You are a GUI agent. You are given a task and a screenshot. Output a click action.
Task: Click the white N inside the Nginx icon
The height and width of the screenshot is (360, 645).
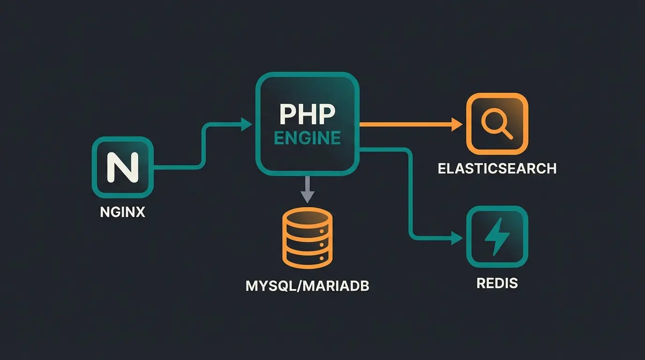click(122, 167)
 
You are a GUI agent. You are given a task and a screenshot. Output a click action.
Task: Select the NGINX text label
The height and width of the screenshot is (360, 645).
click(123, 212)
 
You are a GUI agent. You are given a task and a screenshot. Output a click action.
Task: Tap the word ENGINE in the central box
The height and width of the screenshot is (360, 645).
click(307, 138)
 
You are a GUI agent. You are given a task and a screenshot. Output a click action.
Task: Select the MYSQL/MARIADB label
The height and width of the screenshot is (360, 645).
click(307, 286)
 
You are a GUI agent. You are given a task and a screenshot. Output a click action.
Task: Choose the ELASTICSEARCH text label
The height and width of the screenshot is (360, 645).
click(497, 169)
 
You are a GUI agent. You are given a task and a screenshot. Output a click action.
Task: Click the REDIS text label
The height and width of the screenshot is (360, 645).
click(497, 283)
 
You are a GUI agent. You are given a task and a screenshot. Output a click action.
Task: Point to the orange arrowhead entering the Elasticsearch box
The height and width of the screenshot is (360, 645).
click(456, 124)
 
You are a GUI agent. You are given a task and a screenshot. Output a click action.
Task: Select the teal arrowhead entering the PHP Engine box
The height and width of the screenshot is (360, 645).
click(246, 124)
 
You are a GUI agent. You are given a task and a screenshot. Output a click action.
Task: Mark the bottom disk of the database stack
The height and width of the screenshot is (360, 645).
click(307, 257)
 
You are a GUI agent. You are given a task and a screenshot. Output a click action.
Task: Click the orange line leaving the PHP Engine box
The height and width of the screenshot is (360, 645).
click(403, 124)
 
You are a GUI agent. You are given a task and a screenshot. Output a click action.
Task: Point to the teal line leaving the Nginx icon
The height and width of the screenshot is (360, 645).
click(178, 166)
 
